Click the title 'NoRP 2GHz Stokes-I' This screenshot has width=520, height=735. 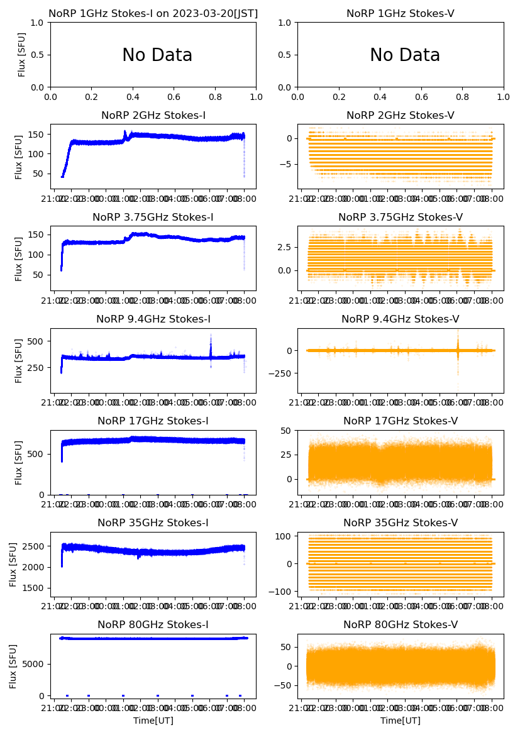[x=153, y=116]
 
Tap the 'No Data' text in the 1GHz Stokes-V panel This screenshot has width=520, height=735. [x=405, y=55]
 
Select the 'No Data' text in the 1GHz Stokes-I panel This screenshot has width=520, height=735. [x=157, y=55]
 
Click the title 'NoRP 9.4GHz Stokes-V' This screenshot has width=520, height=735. [x=401, y=319]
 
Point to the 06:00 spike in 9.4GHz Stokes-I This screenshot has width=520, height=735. [x=211, y=345]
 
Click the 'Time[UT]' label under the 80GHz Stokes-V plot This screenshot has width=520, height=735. [x=401, y=721]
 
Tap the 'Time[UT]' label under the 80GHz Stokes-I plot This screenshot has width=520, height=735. [x=153, y=721]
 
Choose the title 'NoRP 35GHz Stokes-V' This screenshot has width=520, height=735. [x=401, y=523]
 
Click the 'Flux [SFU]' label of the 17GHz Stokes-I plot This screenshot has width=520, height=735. [x=19, y=463]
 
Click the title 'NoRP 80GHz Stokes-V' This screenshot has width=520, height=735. [x=401, y=625]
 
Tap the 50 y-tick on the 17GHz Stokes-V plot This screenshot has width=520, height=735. [x=289, y=431]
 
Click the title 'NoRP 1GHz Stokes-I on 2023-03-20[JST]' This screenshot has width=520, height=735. [x=153, y=14]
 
